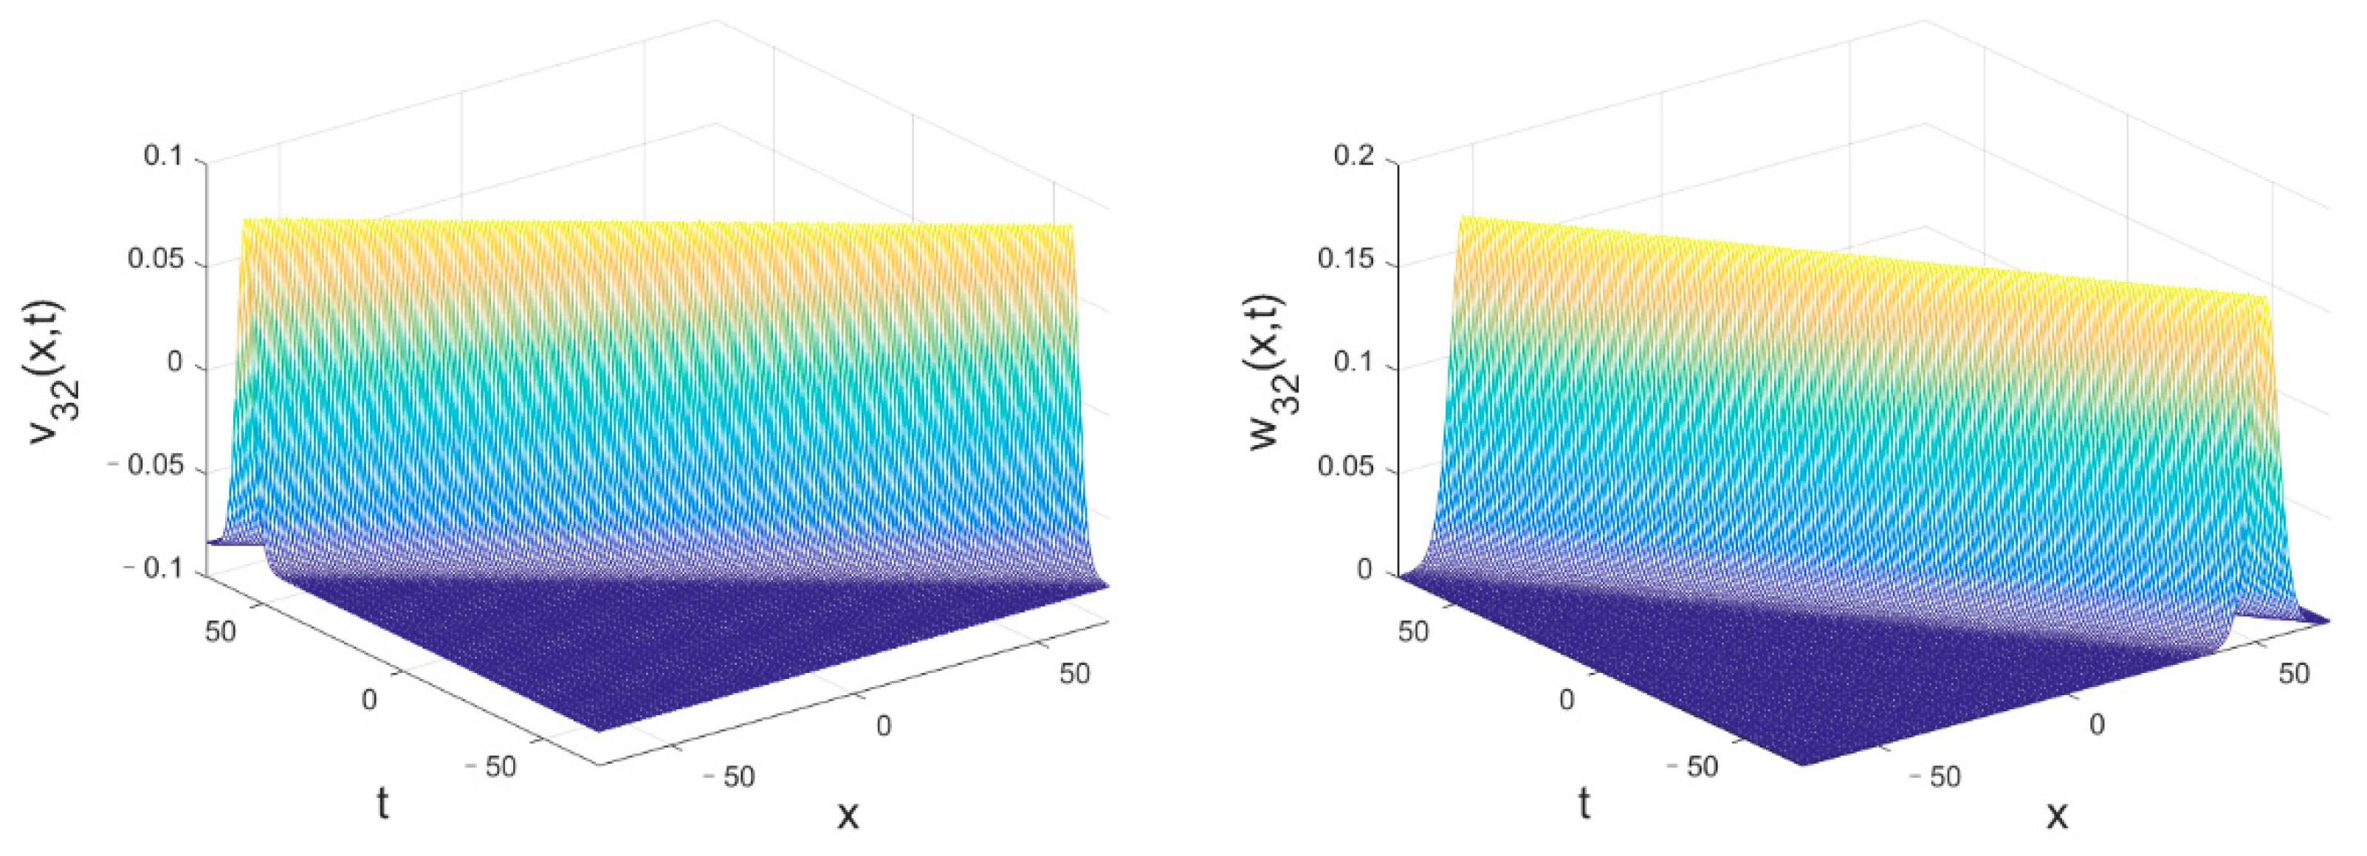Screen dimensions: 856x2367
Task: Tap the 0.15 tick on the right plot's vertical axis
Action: coord(1346,260)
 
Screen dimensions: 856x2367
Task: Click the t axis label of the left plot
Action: coord(382,804)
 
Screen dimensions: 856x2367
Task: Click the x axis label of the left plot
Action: coord(847,814)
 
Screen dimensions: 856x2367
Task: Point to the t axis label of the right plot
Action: coord(1584,804)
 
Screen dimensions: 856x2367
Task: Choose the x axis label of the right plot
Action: coord(2056,814)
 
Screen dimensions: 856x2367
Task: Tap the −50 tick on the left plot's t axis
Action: coord(492,766)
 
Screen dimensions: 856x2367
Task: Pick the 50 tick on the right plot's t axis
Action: coord(1413,632)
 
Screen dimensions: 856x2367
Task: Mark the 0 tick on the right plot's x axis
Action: coord(2097,725)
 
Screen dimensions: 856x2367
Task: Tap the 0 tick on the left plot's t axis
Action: coord(368,700)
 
